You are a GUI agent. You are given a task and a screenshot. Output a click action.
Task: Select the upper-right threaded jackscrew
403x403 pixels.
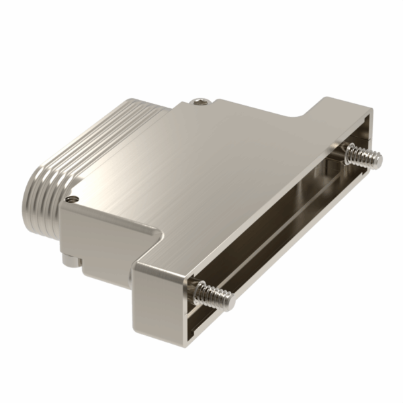point(363,157)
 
